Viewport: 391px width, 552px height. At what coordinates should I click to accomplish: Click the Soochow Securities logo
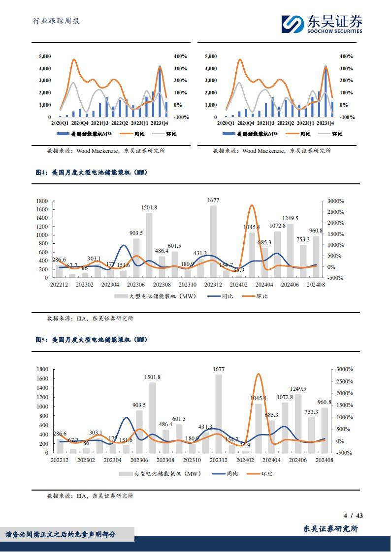click(322, 24)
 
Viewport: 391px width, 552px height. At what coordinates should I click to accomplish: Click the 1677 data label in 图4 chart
click(213, 200)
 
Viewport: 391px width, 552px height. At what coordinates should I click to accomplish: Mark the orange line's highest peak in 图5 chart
click(258, 375)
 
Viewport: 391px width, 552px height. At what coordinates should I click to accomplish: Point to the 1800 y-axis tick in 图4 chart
click(42, 201)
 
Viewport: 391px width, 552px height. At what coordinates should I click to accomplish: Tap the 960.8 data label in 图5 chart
click(323, 402)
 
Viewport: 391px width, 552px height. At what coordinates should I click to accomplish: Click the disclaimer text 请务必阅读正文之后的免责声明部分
click(61, 534)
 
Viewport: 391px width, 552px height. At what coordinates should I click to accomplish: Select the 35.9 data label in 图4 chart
click(239, 270)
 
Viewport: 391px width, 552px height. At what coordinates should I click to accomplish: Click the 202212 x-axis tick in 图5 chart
click(60, 460)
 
